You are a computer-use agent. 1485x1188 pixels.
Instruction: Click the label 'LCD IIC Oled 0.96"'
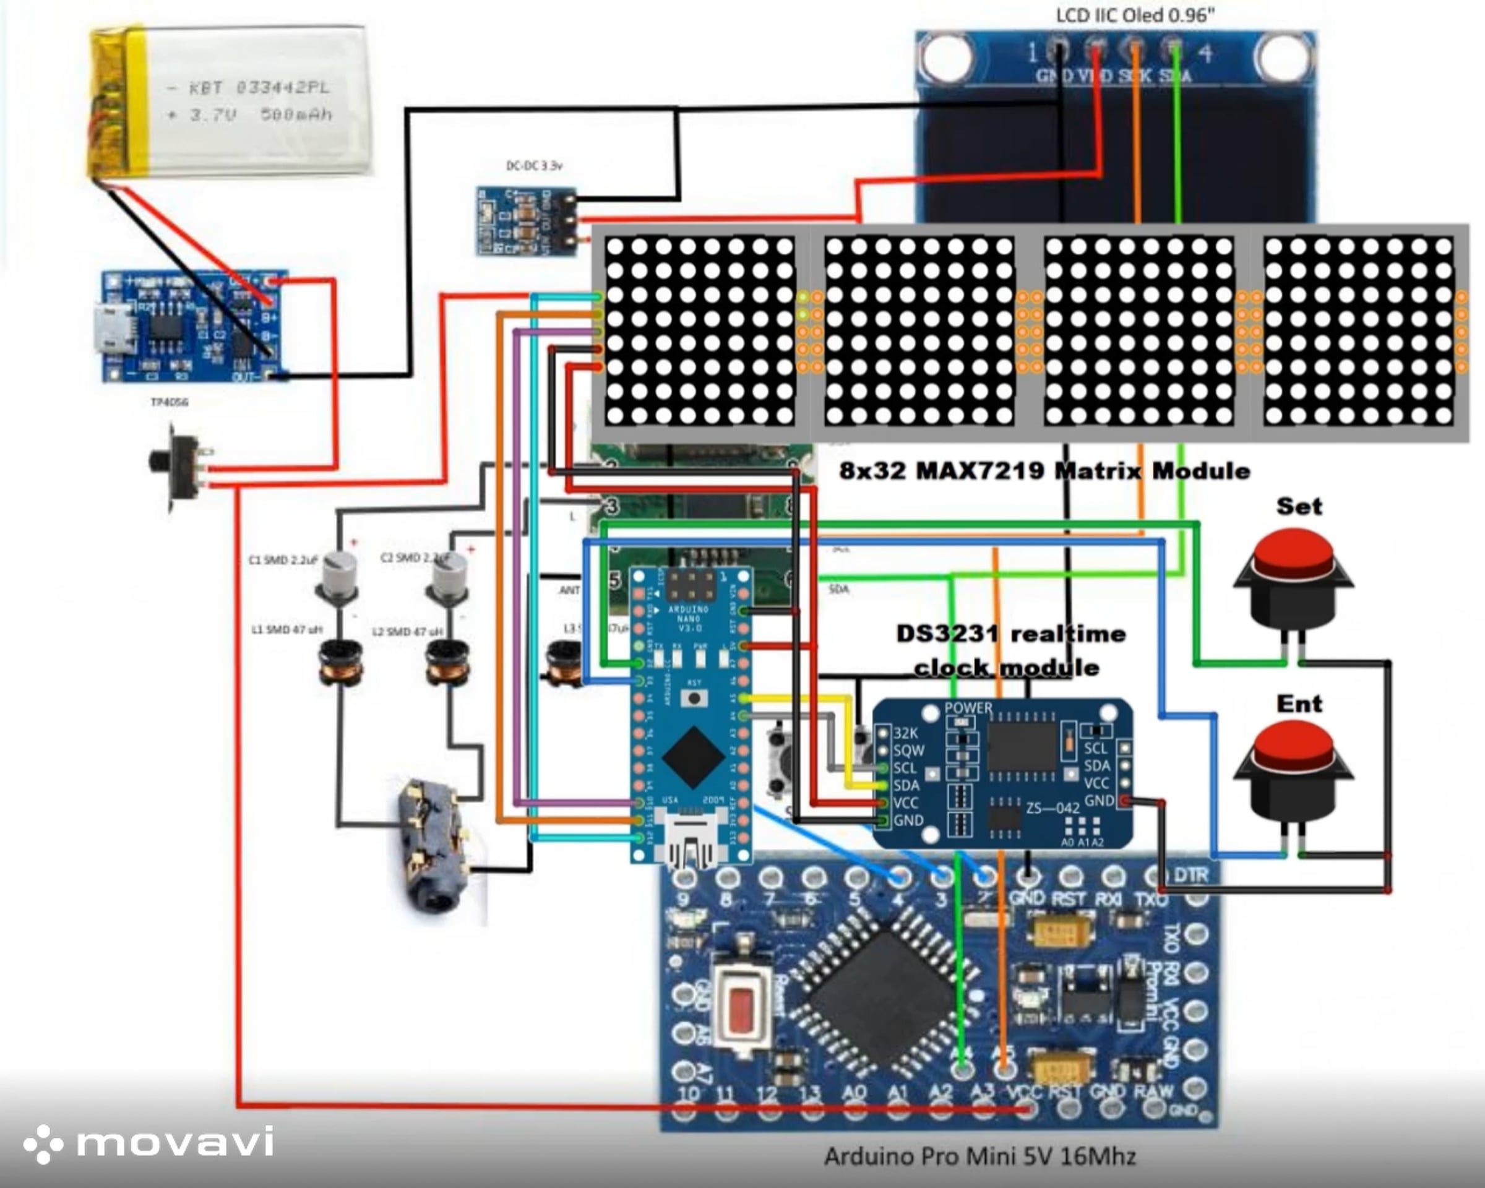(1135, 15)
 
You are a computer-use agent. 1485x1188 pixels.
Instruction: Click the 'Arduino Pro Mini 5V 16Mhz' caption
(979, 1156)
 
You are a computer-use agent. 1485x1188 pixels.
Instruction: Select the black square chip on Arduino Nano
(693, 756)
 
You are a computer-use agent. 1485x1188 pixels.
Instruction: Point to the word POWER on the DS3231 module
(968, 708)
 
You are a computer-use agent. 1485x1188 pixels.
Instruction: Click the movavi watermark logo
(148, 1143)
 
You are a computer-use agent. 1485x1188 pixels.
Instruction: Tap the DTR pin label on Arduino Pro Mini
(1191, 876)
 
